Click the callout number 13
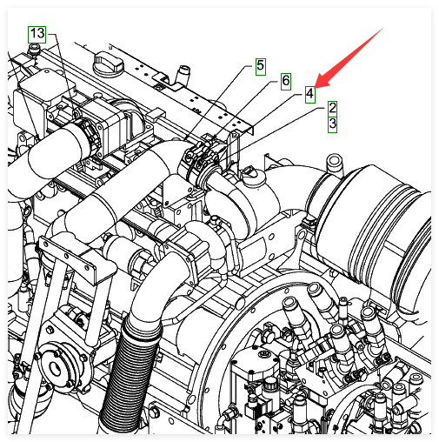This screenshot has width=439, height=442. tap(37, 34)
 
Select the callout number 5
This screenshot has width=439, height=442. tap(261, 66)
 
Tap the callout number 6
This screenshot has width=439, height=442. tap(286, 81)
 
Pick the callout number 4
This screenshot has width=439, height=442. tap(310, 94)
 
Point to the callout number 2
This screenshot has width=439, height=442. tap(332, 109)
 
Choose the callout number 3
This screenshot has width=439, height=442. tap(332, 124)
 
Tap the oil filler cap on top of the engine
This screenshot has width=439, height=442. tap(107, 64)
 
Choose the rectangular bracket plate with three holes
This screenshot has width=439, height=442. tap(66, 256)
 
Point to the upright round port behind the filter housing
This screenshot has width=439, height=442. tap(334, 164)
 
